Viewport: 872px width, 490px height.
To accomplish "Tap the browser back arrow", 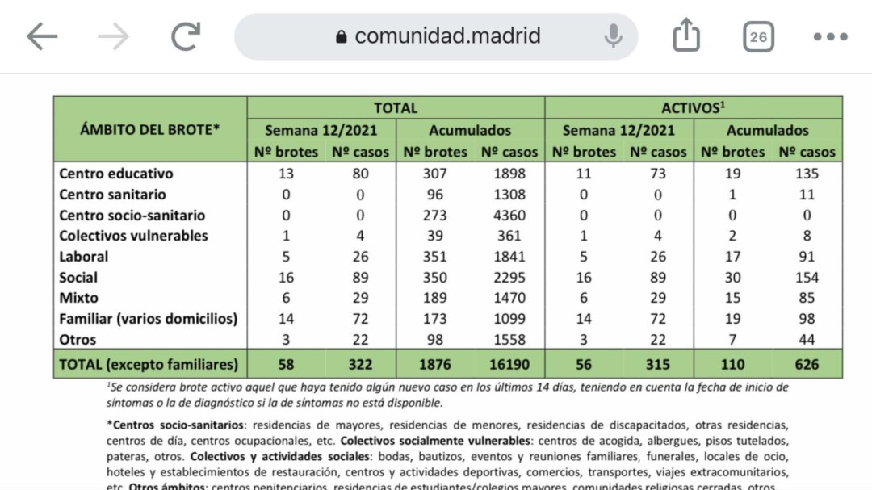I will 42,36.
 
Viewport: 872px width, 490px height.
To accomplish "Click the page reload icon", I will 186,36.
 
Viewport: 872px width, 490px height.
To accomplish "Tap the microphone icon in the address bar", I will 613,36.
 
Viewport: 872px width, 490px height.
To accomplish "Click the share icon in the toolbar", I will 685,36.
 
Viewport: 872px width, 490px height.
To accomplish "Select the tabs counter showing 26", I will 758,36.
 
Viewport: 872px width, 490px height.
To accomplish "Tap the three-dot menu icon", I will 830,36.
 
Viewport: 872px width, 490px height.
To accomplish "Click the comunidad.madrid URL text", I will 447,36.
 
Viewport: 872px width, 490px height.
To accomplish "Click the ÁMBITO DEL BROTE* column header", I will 150,129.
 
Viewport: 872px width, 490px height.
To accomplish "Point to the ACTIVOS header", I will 693,107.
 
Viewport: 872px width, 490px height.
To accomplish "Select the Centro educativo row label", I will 116,174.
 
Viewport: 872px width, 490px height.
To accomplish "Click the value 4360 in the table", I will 509,216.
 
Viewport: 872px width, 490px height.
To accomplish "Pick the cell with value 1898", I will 509,174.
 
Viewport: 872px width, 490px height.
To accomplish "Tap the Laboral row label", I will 84,257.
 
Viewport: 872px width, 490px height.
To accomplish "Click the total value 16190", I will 509,364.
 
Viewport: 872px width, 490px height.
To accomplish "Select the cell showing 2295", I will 509,278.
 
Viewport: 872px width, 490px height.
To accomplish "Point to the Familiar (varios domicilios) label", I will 149,319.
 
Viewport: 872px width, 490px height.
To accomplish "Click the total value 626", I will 806,364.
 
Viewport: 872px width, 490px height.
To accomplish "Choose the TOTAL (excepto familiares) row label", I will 149,364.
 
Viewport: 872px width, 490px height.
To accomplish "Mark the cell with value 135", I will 806,174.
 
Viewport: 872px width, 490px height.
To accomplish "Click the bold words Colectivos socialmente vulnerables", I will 436,441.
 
